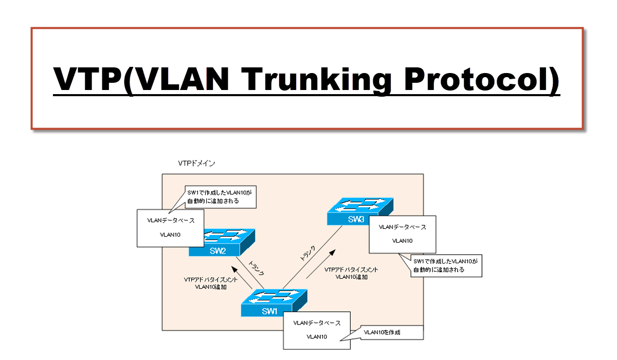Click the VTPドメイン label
(x=196, y=164)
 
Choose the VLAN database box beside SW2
(x=170, y=227)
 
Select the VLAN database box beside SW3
(x=402, y=233)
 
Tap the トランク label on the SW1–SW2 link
(x=256, y=267)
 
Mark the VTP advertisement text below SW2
(x=211, y=283)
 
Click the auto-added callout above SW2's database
(x=220, y=197)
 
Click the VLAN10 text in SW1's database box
(x=316, y=337)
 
